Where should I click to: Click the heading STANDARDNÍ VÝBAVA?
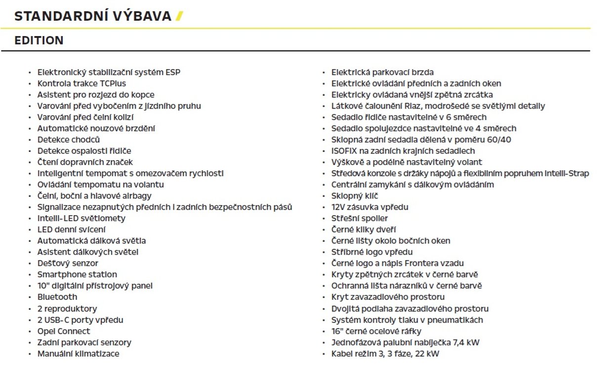(x=93, y=16)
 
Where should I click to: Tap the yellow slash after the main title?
(x=179, y=16)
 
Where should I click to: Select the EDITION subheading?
(x=39, y=40)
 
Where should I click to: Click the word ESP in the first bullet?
(x=173, y=73)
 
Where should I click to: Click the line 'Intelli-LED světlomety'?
(x=81, y=218)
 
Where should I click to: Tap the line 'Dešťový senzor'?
(x=68, y=263)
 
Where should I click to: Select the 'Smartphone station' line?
(x=77, y=274)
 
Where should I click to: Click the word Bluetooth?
(x=57, y=297)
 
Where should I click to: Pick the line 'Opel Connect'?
(x=64, y=331)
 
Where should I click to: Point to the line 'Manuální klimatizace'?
(x=78, y=354)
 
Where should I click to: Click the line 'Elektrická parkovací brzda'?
(x=382, y=73)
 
